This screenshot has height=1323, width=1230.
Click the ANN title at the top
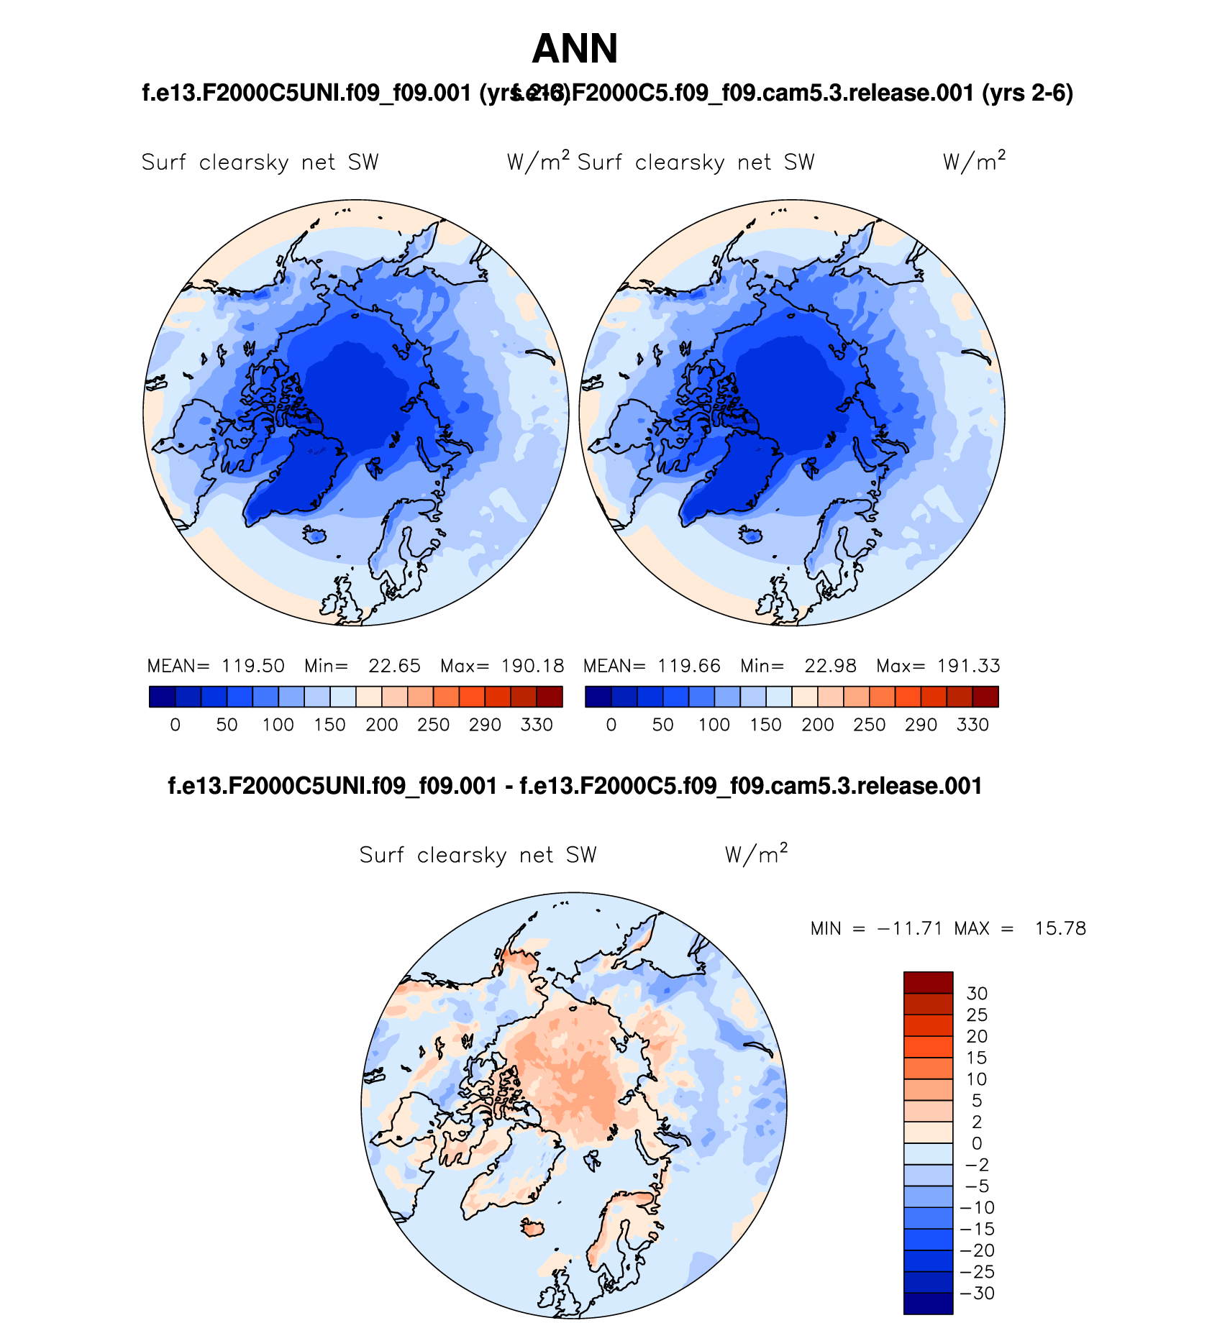(575, 49)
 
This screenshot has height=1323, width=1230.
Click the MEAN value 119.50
(252, 666)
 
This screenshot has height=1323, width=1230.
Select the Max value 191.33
(968, 666)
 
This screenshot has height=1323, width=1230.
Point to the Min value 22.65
(394, 666)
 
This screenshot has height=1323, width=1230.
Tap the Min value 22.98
(830, 666)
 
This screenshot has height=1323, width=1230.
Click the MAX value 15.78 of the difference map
(1060, 928)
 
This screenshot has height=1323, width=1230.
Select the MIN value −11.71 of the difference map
(909, 928)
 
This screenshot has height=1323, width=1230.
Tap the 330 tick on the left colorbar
(537, 725)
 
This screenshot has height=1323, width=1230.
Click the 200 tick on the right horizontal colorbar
(818, 725)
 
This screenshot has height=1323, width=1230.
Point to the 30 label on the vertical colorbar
(977, 994)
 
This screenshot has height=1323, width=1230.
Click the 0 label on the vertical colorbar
(977, 1143)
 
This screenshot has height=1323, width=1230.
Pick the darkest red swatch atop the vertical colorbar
(928, 982)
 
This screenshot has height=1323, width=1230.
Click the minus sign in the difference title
(508, 786)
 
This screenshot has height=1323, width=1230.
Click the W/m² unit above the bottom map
(756, 854)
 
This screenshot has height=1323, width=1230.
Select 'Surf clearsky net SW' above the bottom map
(478, 855)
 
